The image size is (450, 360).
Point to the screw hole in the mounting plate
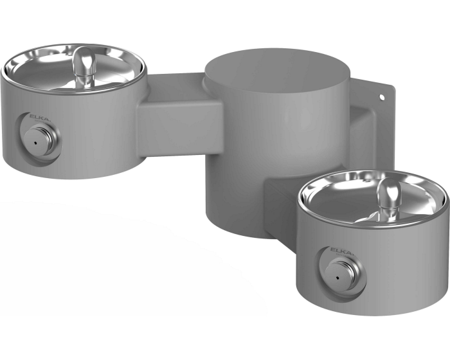381,98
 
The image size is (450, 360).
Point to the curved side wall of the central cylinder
251,161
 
